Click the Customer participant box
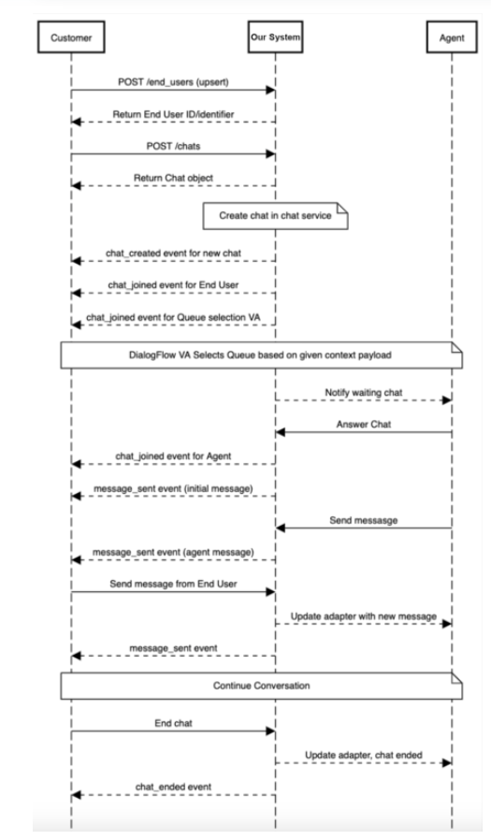(71, 39)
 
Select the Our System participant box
(275, 39)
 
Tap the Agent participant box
(452, 39)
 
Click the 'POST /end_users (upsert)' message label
(173, 81)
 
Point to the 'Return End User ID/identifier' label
(174, 114)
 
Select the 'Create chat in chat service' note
(274, 214)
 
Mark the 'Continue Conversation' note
(263, 685)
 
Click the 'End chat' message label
(173, 721)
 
